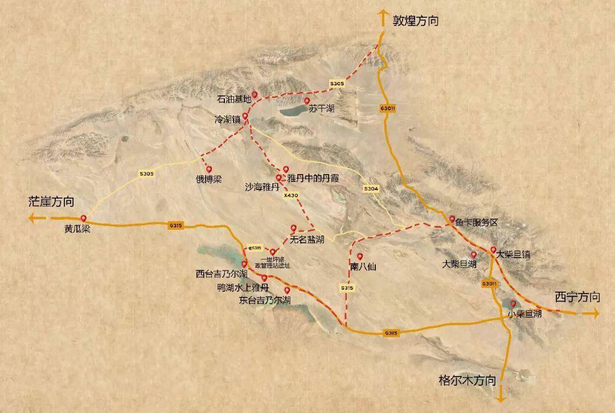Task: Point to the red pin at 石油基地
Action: (255, 95)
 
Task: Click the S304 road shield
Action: (371, 188)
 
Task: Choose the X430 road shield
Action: (290, 195)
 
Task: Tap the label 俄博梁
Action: (209, 179)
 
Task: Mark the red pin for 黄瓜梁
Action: (84, 218)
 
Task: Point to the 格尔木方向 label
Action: (467, 379)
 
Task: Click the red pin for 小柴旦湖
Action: (512, 303)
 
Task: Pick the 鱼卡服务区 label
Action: (476, 223)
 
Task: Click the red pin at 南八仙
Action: (359, 255)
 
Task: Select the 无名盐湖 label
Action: (307, 239)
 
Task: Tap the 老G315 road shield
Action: (255, 248)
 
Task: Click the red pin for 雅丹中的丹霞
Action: (286, 170)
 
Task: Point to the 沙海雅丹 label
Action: (262, 186)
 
